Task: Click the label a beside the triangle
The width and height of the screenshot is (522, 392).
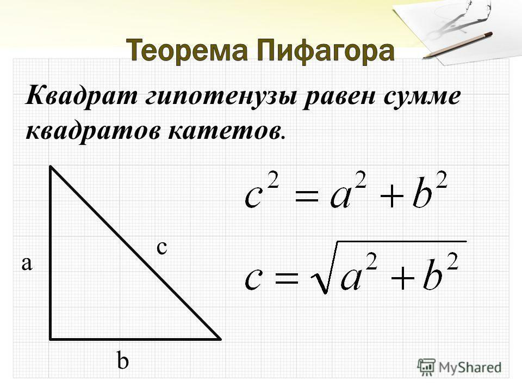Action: (x=27, y=264)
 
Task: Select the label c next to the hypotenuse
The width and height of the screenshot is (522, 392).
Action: (x=161, y=247)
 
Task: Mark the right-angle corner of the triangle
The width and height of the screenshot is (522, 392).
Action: (x=51, y=338)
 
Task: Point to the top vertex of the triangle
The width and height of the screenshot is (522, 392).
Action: (x=51, y=168)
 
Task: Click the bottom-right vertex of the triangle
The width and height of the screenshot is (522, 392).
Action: (x=220, y=338)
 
